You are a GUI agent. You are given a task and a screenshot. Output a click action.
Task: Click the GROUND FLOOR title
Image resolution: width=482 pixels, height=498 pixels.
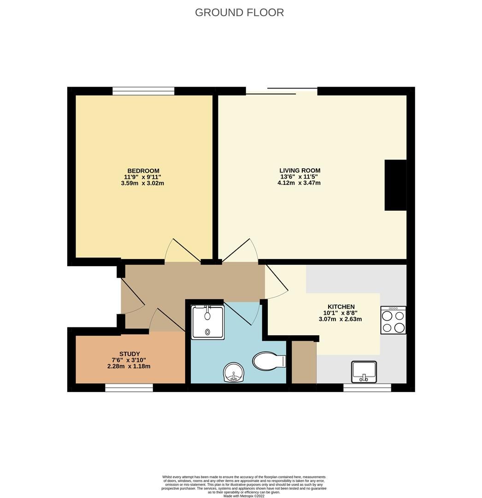pos(239,12)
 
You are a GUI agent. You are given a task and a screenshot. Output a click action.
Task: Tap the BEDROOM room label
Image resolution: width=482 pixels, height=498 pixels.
pos(143,171)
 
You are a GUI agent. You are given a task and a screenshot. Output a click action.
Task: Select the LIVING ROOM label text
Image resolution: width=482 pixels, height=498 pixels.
pos(300,171)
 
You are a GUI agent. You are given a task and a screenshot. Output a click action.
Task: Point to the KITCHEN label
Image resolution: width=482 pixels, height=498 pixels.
pos(341,307)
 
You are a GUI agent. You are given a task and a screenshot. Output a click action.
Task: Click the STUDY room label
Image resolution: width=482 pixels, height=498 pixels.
pos(129,354)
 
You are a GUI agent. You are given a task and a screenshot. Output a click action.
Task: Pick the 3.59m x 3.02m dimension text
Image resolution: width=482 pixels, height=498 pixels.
pos(142,183)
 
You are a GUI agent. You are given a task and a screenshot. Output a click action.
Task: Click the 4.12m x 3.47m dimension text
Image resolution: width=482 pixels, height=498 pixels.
pos(299,183)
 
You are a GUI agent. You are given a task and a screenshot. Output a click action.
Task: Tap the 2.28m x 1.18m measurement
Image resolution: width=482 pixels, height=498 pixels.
pos(129,366)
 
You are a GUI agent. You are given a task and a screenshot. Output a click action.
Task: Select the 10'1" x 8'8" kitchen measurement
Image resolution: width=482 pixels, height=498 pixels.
pos(340,313)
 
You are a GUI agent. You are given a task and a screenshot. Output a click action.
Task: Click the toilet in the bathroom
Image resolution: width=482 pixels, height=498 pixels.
pos(269,361)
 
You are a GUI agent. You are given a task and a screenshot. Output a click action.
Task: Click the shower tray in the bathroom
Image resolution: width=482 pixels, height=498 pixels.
pos(207,322)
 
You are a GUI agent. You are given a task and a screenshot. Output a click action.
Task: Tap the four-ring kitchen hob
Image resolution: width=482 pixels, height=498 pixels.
pos(393,320)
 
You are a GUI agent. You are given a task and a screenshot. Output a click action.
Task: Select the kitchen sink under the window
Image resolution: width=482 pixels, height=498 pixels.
pos(364,372)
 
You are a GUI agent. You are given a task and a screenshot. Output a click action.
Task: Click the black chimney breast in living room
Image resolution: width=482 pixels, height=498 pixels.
pos(395,185)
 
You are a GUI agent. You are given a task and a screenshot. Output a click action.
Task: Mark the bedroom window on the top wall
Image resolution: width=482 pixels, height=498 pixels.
pos(143,91)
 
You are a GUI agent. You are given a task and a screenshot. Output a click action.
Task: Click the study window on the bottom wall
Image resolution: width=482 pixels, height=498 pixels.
pos(129,387)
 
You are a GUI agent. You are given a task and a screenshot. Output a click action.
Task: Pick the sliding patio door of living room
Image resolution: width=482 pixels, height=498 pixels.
pos(282,91)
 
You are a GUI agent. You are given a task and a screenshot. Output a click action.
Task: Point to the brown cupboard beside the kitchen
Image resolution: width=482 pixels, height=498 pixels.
pos(304,362)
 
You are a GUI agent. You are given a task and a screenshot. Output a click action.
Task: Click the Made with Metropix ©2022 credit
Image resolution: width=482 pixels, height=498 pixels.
pos(244,495)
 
